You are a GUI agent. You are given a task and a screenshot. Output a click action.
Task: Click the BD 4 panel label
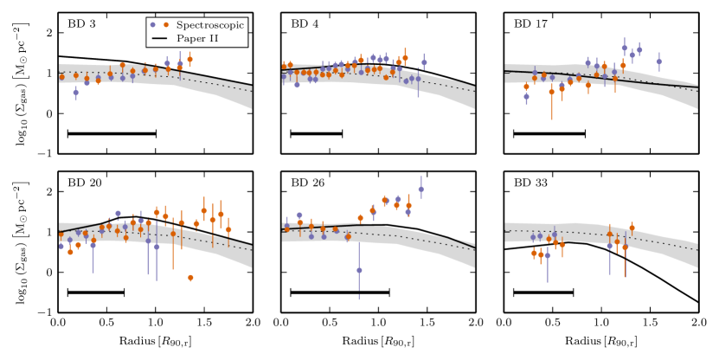click(x=304, y=23)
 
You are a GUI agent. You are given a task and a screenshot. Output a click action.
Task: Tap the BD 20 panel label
click(x=84, y=183)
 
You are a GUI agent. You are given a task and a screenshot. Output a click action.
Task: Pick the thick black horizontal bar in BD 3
click(x=112, y=133)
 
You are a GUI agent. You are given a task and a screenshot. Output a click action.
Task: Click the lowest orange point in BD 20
click(x=189, y=277)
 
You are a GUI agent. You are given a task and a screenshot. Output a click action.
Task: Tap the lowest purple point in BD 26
click(x=359, y=270)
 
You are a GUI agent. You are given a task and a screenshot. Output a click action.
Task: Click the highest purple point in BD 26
click(x=421, y=190)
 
